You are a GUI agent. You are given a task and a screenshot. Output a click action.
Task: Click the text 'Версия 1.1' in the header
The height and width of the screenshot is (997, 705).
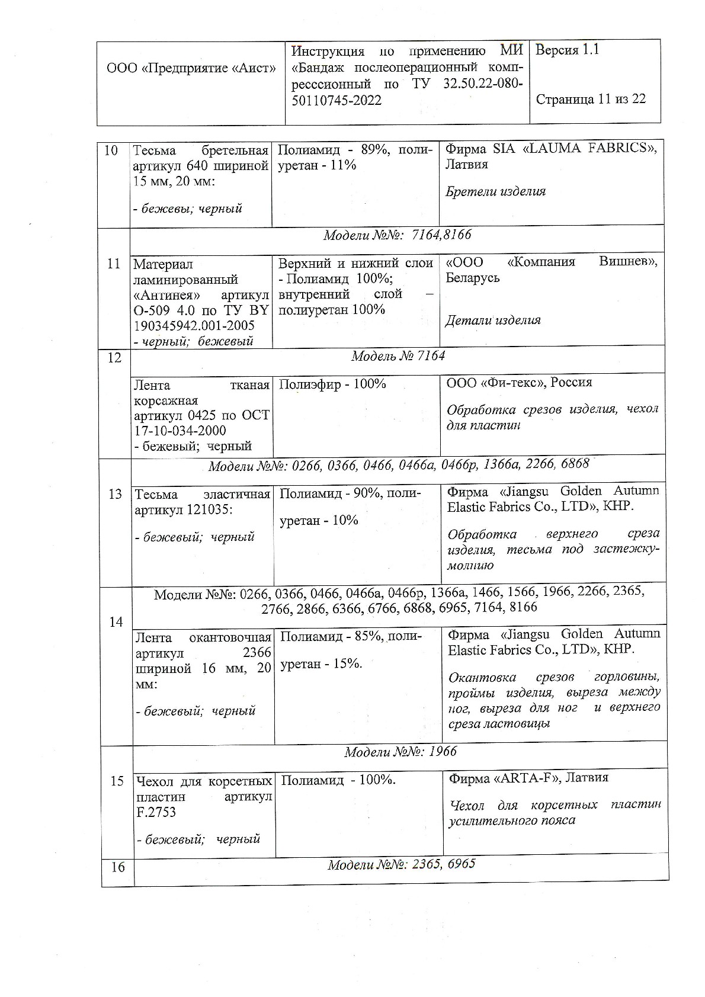567,50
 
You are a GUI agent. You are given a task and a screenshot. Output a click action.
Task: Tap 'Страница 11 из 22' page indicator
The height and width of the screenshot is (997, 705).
591,99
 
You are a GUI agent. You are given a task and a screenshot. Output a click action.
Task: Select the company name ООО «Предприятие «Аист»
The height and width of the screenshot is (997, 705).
191,68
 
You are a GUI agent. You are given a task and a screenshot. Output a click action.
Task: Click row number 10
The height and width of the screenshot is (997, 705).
111,150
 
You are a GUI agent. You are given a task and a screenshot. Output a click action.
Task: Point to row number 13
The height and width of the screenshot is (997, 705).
116,494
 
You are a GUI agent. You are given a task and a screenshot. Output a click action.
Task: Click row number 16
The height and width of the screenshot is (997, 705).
118,867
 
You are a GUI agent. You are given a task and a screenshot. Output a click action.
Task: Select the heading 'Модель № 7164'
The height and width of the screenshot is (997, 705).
398,356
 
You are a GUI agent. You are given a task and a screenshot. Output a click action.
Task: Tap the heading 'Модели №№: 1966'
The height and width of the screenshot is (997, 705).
400,752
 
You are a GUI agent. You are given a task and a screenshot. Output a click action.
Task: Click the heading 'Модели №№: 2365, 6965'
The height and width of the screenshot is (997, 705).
401,864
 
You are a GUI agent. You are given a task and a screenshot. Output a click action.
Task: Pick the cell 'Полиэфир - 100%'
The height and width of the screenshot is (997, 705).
332,384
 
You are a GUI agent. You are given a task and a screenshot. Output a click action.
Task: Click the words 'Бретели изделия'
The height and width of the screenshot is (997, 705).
495,191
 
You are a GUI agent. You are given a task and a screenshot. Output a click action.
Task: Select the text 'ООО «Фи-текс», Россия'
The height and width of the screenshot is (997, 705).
519,382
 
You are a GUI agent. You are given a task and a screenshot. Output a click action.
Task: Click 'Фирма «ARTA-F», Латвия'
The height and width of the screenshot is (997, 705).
528,778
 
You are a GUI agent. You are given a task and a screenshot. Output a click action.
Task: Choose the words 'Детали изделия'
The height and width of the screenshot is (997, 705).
493,320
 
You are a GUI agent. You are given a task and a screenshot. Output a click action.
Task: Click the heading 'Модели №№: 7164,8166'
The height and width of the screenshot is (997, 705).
397,235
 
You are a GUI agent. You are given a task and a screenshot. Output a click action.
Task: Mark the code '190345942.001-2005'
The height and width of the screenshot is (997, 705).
194,326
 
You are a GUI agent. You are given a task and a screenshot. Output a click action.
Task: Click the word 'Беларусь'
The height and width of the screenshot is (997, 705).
473,277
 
